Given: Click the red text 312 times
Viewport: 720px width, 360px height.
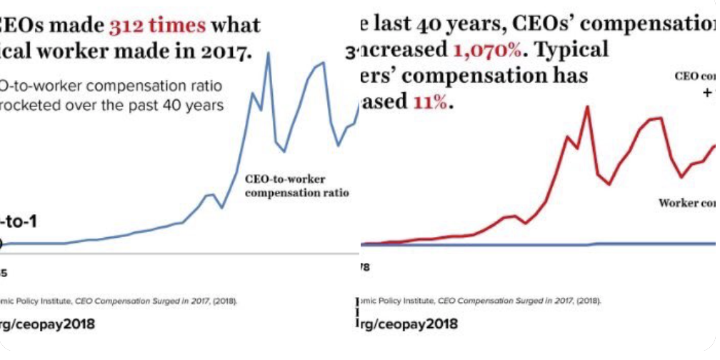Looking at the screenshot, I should tap(156, 26).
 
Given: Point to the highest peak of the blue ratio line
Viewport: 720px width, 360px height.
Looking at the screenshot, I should tap(269, 53).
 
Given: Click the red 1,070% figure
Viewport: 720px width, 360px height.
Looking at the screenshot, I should tap(486, 51).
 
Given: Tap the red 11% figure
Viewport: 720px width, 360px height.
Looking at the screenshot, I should tap(430, 101).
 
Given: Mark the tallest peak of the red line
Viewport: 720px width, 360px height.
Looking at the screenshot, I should tap(586, 107).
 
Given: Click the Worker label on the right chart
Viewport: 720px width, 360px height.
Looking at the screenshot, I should tap(678, 203).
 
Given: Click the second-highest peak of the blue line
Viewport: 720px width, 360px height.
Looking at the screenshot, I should tap(324, 63).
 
